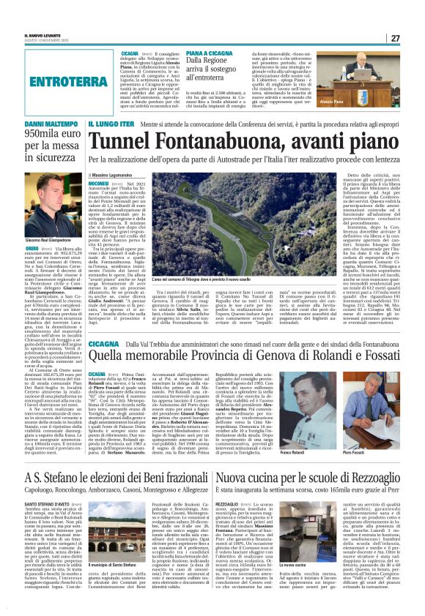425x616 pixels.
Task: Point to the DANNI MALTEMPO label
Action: coord(43,126)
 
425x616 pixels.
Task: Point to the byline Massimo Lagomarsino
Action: coord(119,177)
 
